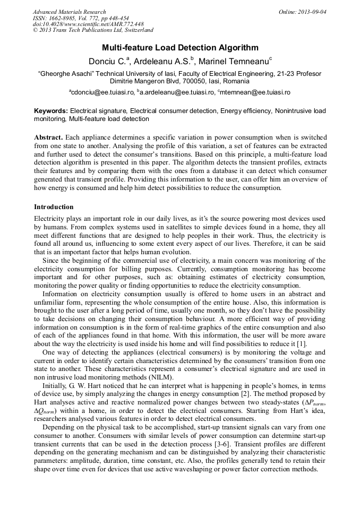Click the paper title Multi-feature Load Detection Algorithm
tap(180, 48)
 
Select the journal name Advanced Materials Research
tap(69, 12)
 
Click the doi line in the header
tap(88, 24)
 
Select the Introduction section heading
tap(54, 207)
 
